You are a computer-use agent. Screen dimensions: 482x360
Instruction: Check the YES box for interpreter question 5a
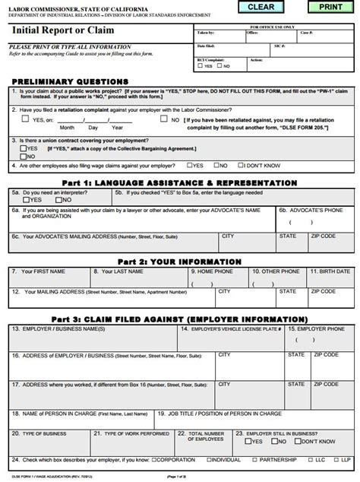tap(27, 201)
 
